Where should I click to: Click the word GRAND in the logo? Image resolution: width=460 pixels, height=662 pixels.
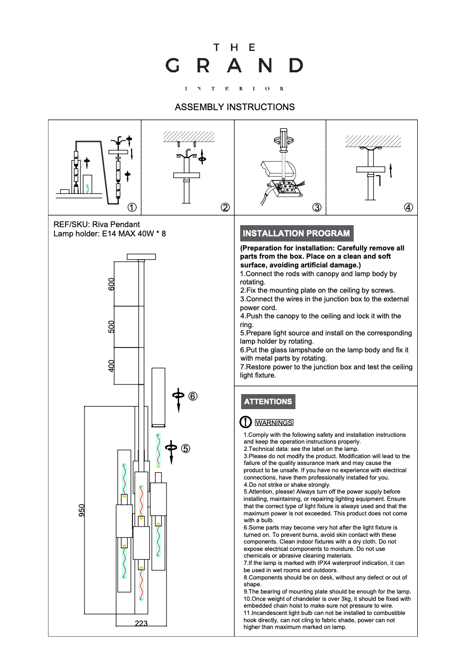point(234,66)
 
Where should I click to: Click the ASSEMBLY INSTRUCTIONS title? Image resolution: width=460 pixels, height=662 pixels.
point(234,107)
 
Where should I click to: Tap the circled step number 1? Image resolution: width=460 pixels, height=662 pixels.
point(132,207)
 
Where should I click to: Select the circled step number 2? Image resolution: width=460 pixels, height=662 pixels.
point(225,207)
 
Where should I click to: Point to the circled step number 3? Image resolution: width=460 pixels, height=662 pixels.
point(317,207)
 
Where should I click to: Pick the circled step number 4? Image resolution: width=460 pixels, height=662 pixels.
point(409,207)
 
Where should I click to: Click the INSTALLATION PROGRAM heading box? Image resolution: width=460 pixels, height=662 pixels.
point(296,233)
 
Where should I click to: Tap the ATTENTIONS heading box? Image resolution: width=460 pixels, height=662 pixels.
point(268,402)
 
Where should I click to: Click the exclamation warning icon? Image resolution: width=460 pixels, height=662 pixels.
point(246,422)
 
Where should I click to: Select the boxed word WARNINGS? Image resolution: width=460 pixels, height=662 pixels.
point(274,423)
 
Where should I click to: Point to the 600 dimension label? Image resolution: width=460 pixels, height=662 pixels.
point(112,284)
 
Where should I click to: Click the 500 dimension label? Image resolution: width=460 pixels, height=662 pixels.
point(112,327)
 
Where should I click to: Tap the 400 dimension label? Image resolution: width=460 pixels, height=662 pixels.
point(112,366)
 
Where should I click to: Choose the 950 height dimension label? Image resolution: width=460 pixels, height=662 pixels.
point(82,510)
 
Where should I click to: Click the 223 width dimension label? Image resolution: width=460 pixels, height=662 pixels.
point(141,624)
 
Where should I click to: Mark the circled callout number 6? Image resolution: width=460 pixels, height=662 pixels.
point(193,397)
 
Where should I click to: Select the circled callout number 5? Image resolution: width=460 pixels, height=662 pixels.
point(186,448)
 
